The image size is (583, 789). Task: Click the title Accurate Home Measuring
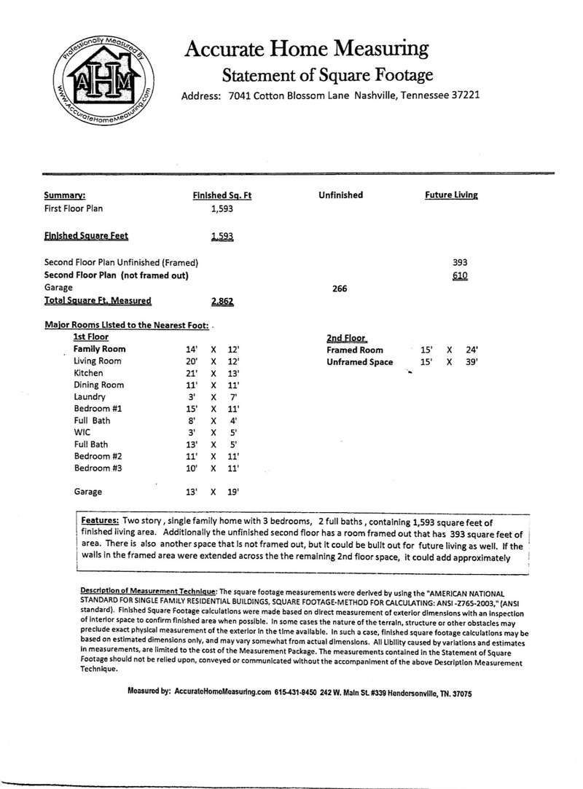point(306,50)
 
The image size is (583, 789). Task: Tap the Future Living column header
point(451,195)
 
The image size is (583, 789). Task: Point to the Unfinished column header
point(340,195)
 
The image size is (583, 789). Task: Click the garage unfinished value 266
point(340,288)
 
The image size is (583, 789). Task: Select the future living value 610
point(459,275)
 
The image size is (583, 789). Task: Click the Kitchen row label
point(89,373)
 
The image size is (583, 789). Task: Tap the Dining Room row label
point(99,385)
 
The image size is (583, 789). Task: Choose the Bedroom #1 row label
point(98,409)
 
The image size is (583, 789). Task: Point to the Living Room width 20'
point(192,361)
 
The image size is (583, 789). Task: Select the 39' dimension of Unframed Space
point(472,362)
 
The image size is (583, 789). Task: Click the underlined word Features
point(100,522)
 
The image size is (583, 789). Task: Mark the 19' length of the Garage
point(233,492)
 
